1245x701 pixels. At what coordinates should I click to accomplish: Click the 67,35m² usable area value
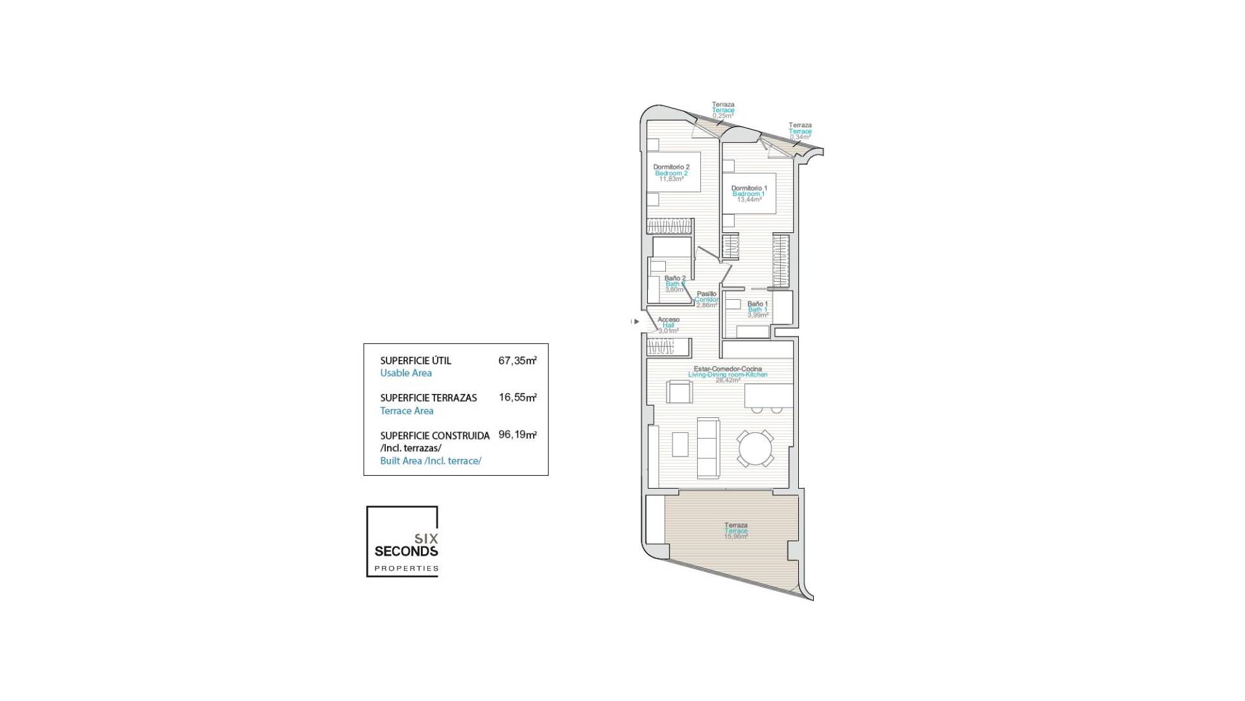(517, 361)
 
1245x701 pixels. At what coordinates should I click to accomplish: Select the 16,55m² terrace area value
(517, 398)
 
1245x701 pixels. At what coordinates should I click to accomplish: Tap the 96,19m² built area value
(517, 435)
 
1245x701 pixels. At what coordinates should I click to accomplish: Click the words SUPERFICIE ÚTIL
(415, 361)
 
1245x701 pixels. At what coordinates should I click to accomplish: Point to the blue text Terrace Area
(407, 411)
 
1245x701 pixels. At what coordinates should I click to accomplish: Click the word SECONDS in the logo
(406, 552)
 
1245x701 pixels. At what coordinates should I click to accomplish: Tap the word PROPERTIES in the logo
(407, 569)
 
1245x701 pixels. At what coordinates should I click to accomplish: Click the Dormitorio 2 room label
(671, 167)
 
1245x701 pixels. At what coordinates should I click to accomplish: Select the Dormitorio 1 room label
(749, 188)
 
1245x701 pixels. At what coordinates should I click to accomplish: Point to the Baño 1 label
(757, 304)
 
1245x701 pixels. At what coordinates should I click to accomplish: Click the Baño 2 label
(674, 278)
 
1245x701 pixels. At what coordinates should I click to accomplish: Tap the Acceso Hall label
(669, 320)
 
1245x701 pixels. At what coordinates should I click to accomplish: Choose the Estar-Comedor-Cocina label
(728, 369)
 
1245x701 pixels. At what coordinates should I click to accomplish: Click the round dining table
(755, 449)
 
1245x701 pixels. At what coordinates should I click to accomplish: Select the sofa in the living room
(708, 448)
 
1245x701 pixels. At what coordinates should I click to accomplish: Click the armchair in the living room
(679, 392)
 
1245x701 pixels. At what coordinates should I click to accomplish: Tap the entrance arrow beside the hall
(635, 321)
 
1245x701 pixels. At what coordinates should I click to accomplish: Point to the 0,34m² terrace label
(800, 137)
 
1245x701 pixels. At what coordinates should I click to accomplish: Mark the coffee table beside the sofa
(680, 445)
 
